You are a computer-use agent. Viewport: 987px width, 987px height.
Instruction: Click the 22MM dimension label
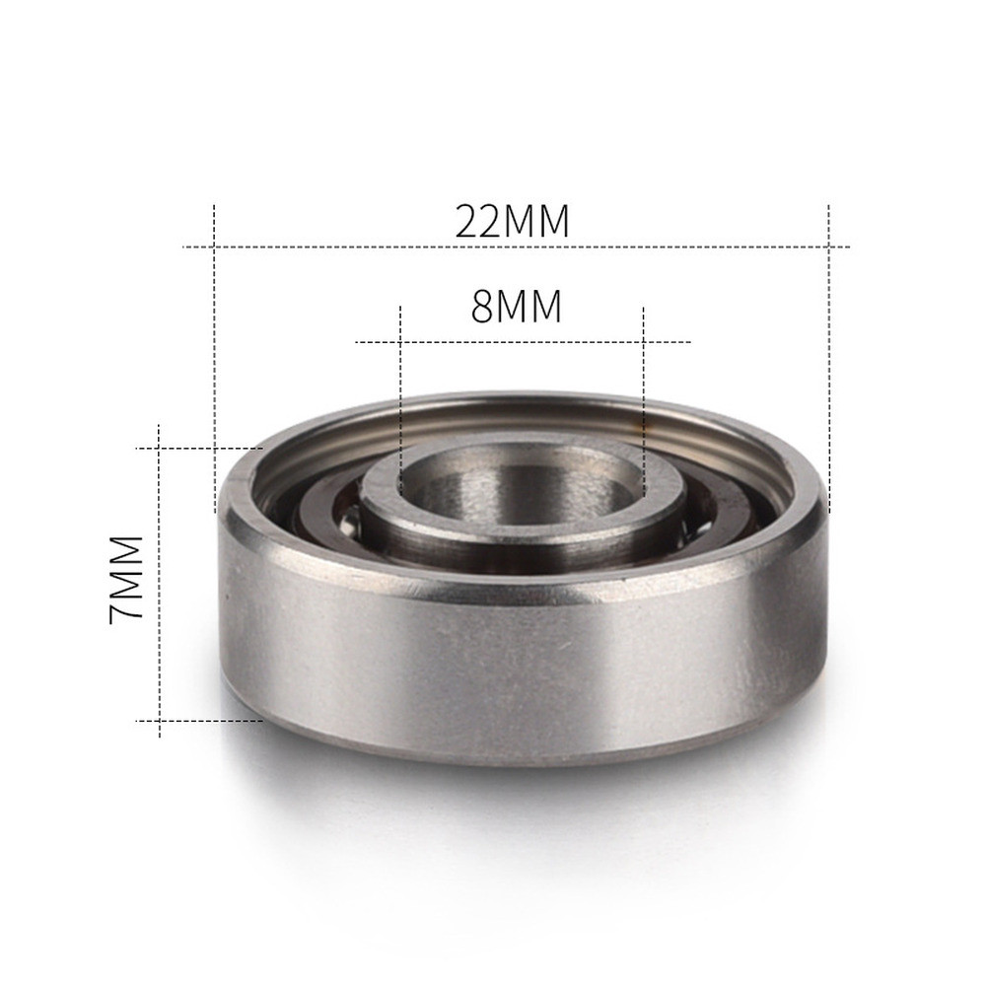pyautogui.click(x=513, y=221)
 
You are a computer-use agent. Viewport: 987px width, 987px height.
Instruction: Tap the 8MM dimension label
pyautogui.click(x=517, y=307)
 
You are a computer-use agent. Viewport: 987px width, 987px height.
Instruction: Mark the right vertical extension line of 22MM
pyautogui.click(x=829, y=345)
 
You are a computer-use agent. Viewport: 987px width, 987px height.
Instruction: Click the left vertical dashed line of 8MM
pyautogui.click(x=400, y=394)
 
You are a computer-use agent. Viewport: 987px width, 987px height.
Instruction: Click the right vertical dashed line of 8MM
pyautogui.click(x=643, y=394)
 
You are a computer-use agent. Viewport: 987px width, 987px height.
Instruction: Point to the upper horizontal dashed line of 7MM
pyautogui.click(x=197, y=448)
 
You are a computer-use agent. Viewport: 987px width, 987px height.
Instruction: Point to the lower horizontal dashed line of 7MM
pyautogui.click(x=197, y=721)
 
